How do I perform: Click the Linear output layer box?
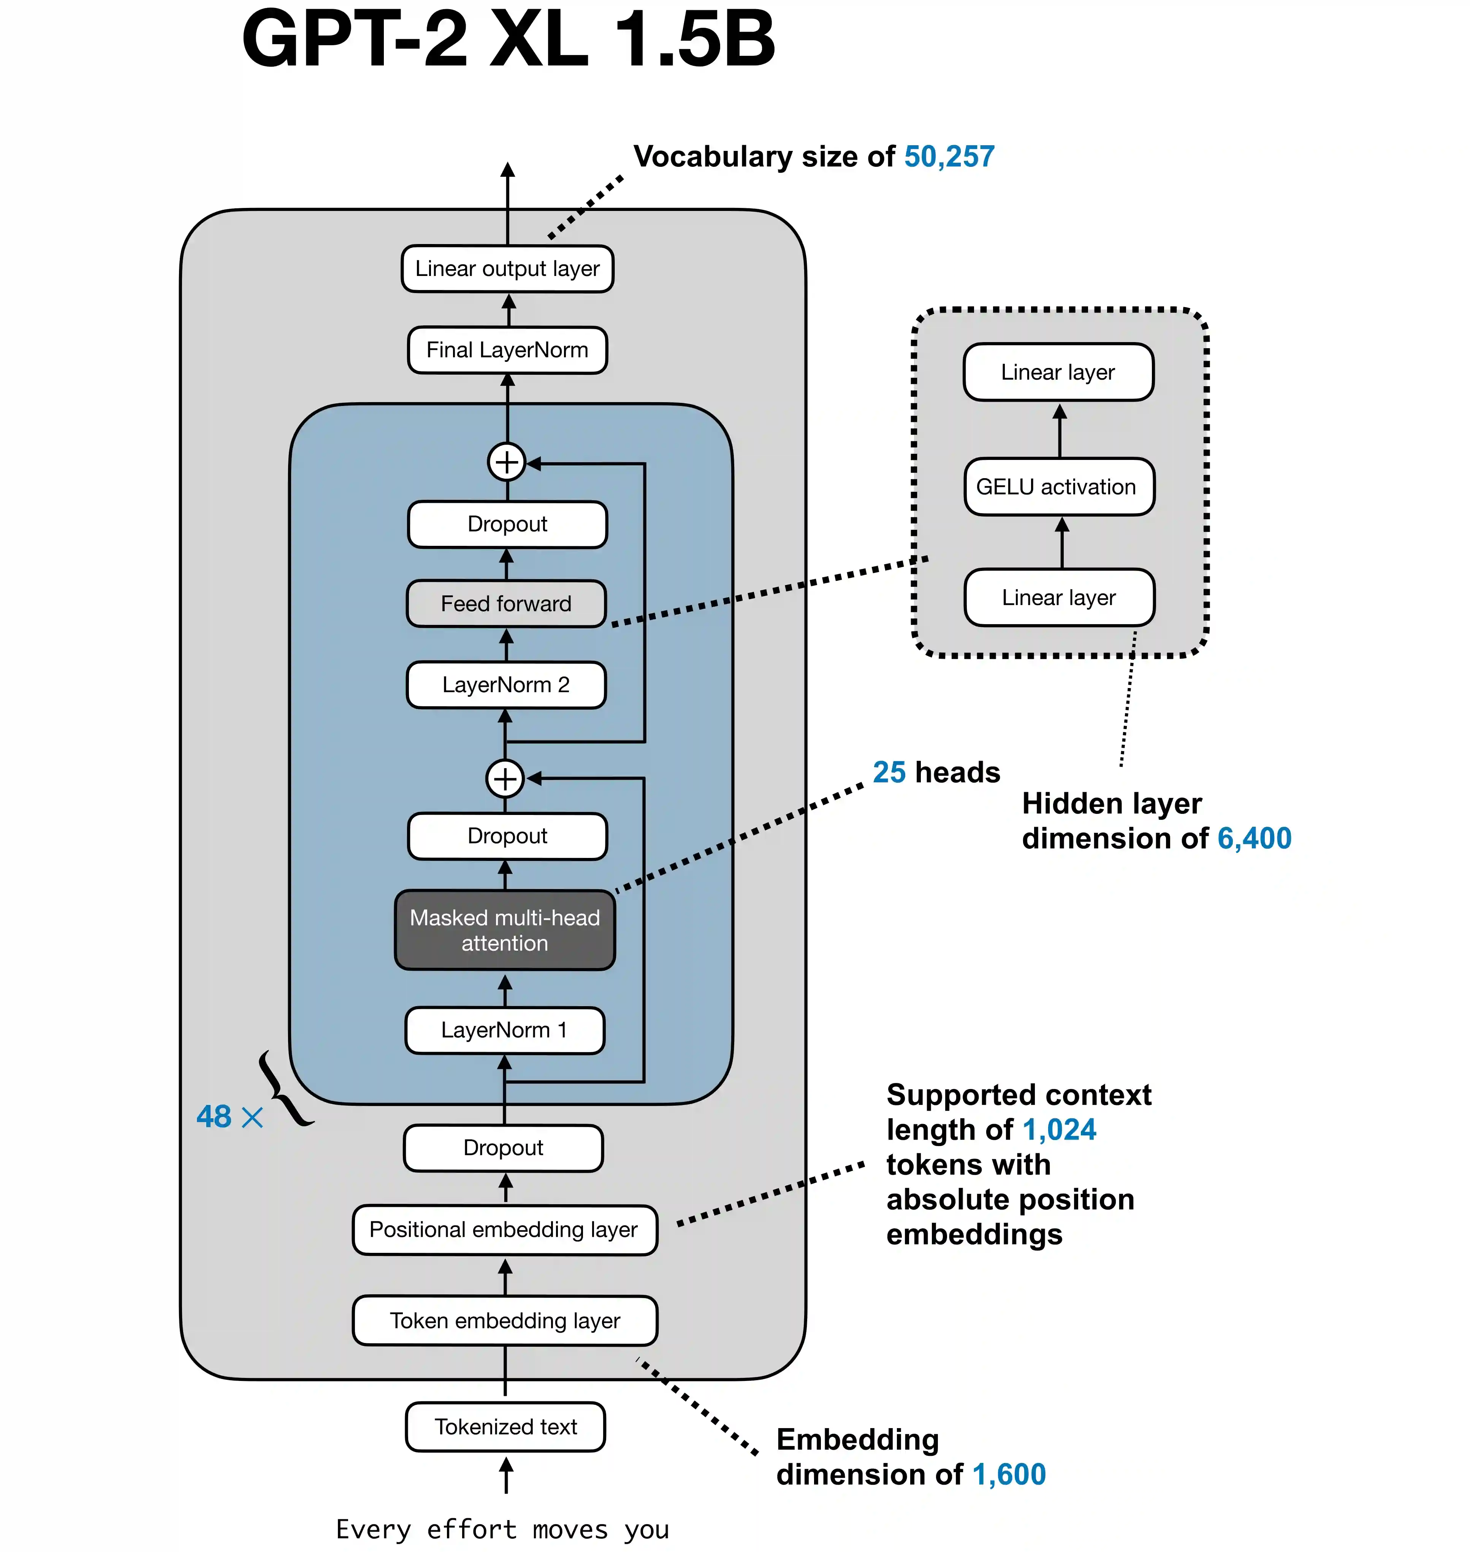[507, 269]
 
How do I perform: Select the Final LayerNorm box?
[507, 350]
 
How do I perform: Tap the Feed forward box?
[506, 604]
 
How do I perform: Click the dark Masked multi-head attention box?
[505, 931]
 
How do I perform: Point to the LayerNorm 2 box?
[506, 685]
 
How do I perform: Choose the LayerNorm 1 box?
[505, 1030]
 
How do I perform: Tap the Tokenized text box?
[505, 1427]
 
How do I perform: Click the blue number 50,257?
[949, 157]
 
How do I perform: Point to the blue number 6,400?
[1254, 839]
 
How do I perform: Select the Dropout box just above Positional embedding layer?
[503, 1148]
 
